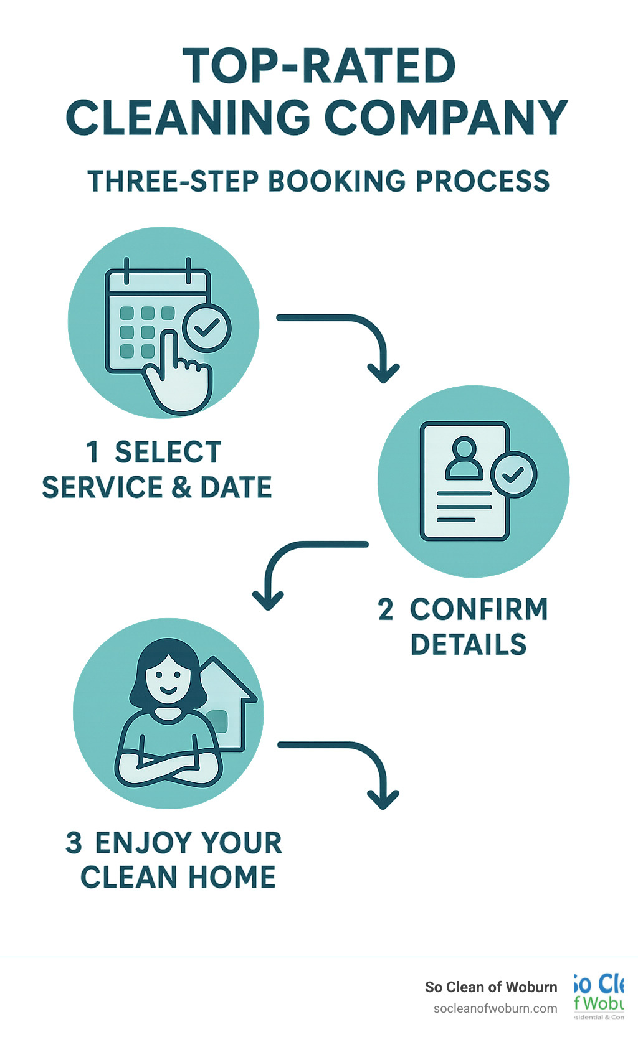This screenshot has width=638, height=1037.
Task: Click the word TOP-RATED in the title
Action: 319,66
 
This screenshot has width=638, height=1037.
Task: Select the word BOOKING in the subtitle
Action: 336,181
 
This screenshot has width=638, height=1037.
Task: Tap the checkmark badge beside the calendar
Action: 206,327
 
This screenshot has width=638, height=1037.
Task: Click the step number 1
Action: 92,452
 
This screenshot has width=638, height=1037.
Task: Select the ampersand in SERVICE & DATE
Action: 181,487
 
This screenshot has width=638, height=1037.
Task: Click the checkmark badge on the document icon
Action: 513,475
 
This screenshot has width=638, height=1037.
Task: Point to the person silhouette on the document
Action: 464,459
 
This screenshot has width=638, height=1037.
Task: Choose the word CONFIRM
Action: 478,609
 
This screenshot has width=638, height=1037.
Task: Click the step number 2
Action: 386,609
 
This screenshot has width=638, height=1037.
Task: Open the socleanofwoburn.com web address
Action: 495,1008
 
